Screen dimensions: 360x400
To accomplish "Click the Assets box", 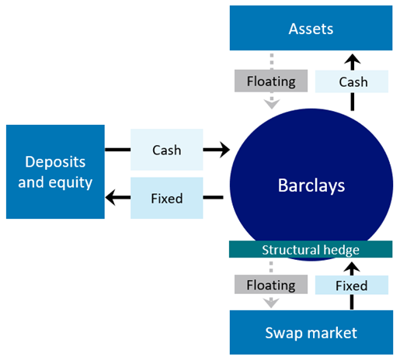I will [x=311, y=29].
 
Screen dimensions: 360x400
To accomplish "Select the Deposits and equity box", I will [x=54, y=171].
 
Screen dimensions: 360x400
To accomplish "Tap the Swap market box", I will [x=311, y=333].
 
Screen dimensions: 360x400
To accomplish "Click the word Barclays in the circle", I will [x=311, y=186].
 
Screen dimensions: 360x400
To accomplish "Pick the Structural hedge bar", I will [x=310, y=250].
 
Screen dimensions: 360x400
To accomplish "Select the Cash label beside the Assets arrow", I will [x=352, y=81].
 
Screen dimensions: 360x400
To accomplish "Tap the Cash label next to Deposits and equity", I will [x=165, y=150].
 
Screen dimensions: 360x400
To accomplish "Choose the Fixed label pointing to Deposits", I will [x=165, y=198].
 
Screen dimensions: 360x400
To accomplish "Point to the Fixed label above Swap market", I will [x=352, y=286].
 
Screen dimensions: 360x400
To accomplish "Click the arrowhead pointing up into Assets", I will [x=352, y=60].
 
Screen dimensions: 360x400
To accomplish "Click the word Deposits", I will [x=54, y=161].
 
